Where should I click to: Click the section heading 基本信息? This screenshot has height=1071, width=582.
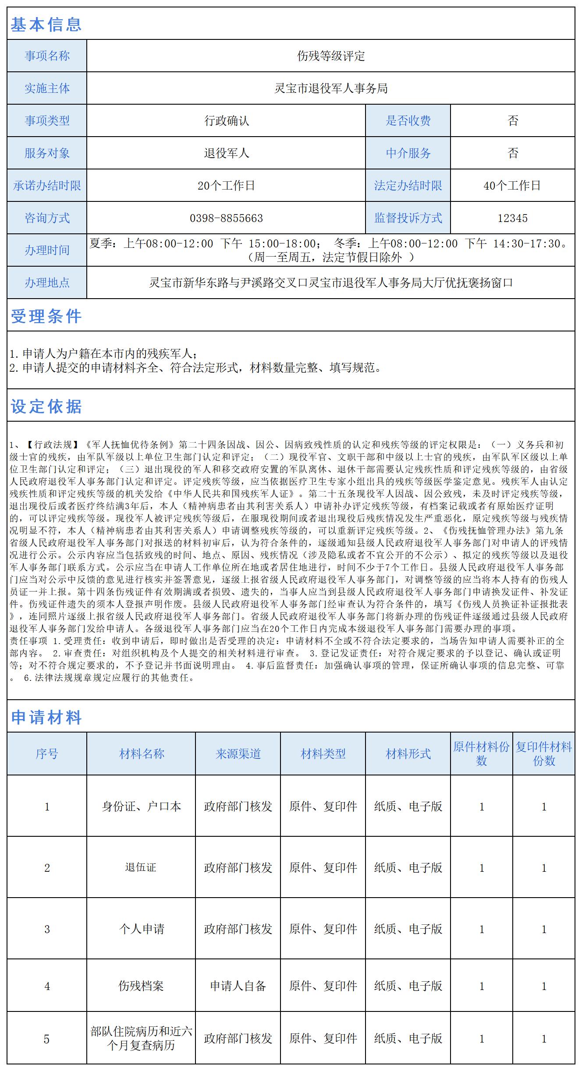click(46, 24)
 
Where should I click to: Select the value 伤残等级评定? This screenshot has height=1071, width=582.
click(330, 56)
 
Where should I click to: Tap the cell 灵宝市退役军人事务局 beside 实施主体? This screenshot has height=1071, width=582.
click(330, 88)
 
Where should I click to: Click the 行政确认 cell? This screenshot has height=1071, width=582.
click(226, 121)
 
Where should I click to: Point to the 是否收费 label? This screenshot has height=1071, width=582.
click(408, 121)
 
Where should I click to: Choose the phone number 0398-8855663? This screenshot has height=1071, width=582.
click(226, 218)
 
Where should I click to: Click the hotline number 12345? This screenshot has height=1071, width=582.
click(512, 218)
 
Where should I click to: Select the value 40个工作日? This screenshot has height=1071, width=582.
click(512, 186)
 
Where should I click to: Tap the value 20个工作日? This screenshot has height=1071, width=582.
click(226, 186)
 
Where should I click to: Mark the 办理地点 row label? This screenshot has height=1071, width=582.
click(47, 283)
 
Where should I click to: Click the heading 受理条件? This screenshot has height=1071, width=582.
click(46, 316)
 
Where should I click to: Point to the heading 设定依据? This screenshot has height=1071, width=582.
click(46, 406)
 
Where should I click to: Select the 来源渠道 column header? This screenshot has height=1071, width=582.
click(238, 754)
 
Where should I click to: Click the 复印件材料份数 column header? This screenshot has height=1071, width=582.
click(543, 754)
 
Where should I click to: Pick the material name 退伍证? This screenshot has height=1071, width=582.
click(141, 867)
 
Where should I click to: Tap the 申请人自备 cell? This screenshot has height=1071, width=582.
click(238, 986)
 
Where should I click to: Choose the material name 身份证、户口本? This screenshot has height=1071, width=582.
click(141, 806)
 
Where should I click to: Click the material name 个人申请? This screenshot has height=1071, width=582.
click(141, 929)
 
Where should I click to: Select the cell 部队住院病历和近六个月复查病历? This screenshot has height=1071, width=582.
click(141, 1038)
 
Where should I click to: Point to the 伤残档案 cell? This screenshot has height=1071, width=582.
click(141, 986)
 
